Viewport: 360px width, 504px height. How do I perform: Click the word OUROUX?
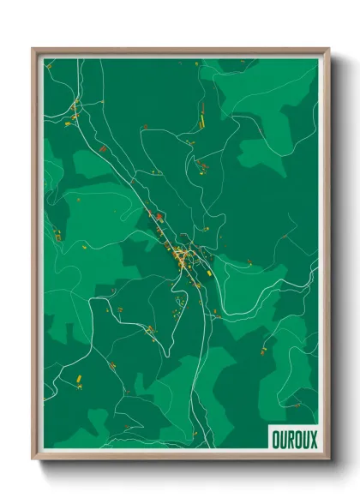coord(294,438)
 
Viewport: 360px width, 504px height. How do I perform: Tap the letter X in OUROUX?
coord(312,438)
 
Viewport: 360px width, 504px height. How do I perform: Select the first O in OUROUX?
coord(276,438)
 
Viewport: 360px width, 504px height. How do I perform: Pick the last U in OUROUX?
coord(305,438)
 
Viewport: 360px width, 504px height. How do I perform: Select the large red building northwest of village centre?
coord(156,213)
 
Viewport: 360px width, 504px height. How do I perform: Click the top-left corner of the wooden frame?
coord(33,49)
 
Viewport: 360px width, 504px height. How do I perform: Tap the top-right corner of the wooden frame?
coord(328,49)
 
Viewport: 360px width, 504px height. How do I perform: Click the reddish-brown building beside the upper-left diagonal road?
coord(102,150)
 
